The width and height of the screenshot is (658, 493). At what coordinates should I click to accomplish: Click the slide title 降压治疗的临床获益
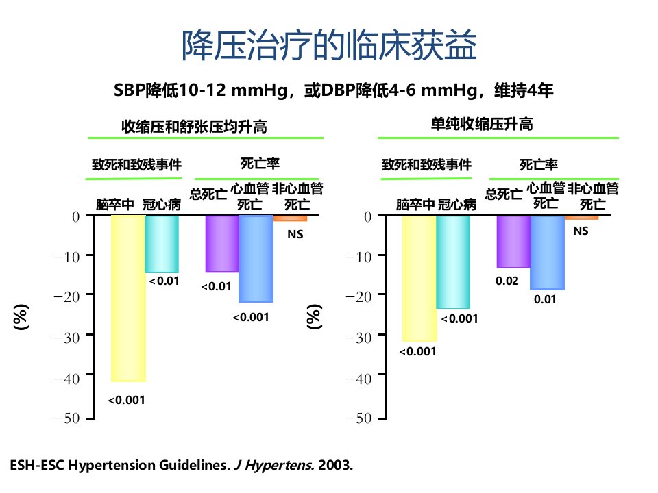(329, 45)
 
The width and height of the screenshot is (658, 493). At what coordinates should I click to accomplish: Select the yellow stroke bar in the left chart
(128, 299)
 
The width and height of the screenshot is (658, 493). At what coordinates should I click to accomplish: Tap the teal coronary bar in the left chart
(162, 244)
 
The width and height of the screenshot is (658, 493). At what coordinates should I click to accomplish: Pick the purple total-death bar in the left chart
(222, 244)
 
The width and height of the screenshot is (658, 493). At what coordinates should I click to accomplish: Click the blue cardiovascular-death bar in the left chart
(256, 259)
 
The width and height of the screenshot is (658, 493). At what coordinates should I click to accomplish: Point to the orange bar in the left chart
(291, 218)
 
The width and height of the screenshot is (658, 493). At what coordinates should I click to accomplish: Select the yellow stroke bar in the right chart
(419, 279)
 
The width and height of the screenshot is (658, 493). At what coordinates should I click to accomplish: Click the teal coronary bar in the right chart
(453, 262)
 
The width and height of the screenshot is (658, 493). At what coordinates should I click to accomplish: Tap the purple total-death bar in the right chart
(513, 242)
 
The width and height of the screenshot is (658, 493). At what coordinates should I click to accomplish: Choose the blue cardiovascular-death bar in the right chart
(547, 253)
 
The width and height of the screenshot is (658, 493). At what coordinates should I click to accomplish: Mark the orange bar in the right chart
(582, 218)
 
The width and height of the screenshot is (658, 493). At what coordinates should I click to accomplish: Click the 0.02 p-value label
(507, 281)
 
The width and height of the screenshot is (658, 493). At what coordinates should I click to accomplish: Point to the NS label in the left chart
(295, 234)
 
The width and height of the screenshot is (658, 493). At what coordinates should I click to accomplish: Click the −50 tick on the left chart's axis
(66, 418)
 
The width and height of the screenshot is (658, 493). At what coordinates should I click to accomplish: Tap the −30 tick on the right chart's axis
(358, 338)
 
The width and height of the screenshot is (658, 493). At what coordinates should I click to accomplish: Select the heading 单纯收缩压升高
(482, 124)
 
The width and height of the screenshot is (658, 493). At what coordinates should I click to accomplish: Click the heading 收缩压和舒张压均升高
(194, 126)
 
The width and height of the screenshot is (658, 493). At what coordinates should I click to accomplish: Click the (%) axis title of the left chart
(21, 317)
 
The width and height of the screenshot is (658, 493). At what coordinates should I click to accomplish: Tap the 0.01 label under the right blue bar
(545, 299)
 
